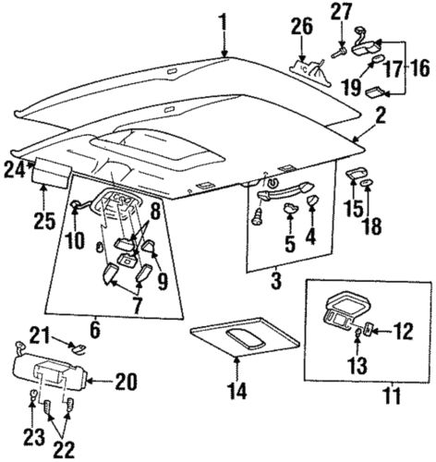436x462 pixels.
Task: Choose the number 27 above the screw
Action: click(x=342, y=11)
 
